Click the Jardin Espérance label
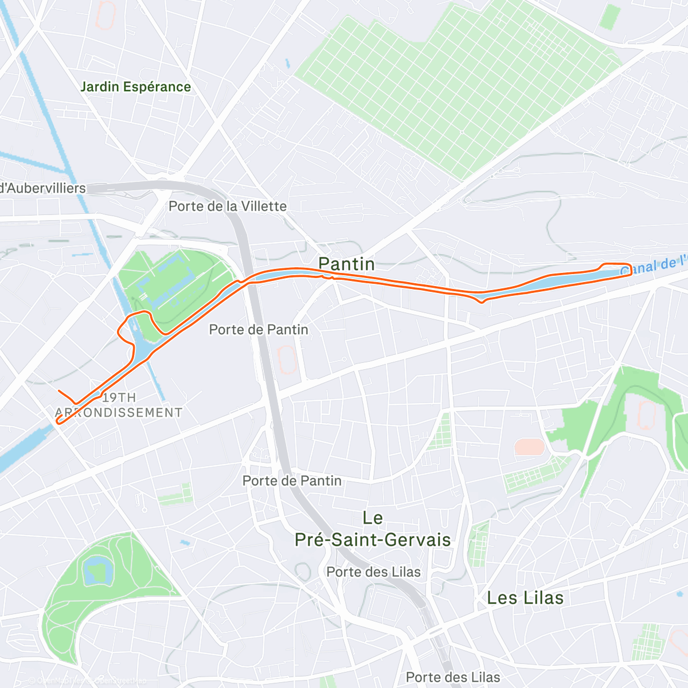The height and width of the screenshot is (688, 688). click(x=135, y=87)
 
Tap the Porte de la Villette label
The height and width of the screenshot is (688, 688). click(x=228, y=206)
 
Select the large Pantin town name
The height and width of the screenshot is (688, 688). click(x=346, y=264)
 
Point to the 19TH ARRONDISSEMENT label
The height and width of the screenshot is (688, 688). click(x=119, y=405)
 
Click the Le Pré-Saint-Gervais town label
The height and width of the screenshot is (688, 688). click(x=373, y=529)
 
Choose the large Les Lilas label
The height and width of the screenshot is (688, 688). click(x=525, y=598)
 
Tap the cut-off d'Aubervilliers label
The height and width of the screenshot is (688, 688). click(x=43, y=188)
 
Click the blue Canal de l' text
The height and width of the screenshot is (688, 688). click(x=654, y=266)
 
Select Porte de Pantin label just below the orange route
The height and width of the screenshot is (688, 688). click(x=259, y=330)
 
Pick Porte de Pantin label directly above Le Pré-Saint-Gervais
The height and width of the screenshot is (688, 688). click(x=292, y=480)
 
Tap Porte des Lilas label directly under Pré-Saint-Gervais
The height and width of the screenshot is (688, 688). click(x=373, y=572)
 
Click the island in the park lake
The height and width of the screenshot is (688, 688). click(x=94, y=571)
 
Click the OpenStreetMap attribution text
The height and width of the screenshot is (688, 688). click(x=120, y=681)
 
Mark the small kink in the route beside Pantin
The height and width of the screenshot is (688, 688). click(x=329, y=277)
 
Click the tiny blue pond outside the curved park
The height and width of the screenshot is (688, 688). click(x=184, y=542)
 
